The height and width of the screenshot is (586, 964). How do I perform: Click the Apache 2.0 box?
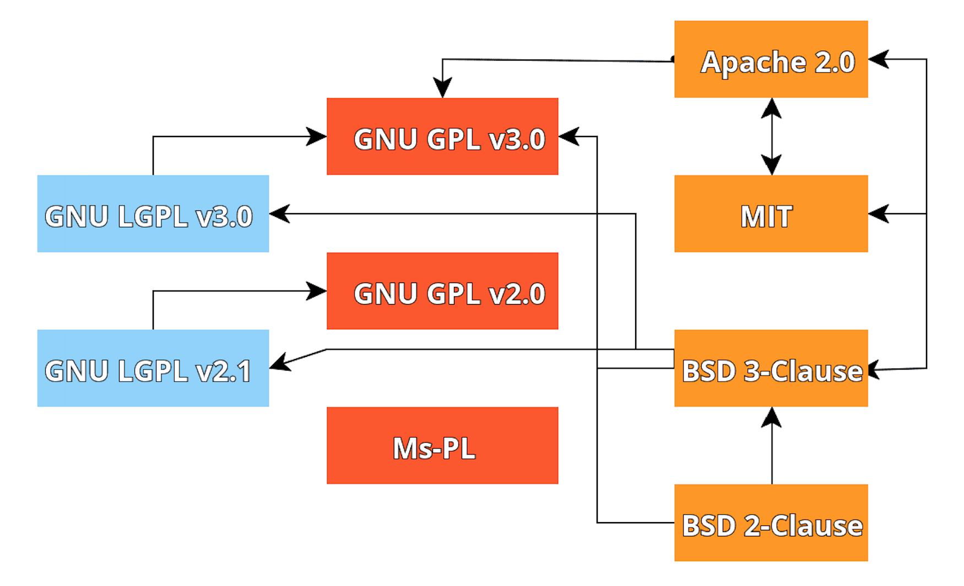click(x=771, y=59)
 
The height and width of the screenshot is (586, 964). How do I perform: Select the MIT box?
click(x=771, y=214)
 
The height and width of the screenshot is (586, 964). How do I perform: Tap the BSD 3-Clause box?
click(x=771, y=368)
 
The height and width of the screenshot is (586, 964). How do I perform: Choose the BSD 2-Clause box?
click(x=771, y=523)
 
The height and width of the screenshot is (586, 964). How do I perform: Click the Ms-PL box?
click(x=442, y=446)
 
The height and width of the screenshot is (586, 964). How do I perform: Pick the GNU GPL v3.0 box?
click(x=442, y=137)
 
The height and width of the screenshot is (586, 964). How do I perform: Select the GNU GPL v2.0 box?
click(x=442, y=291)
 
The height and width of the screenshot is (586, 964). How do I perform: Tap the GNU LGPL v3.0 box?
click(x=153, y=214)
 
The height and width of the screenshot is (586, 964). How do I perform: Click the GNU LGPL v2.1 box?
click(x=153, y=368)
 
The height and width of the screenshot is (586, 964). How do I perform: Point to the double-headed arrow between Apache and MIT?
click(x=771, y=137)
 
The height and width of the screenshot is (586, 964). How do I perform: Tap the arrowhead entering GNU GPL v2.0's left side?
click(x=317, y=291)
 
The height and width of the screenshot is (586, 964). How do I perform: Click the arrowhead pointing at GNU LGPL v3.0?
click(x=280, y=214)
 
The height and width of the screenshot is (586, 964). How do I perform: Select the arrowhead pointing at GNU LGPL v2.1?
click(x=280, y=363)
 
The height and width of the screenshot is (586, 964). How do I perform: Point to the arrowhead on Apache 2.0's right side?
click(x=879, y=59)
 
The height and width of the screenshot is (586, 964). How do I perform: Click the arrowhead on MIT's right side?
click(x=879, y=214)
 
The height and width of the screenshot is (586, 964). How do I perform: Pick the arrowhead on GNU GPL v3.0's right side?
click(x=569, y=137)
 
